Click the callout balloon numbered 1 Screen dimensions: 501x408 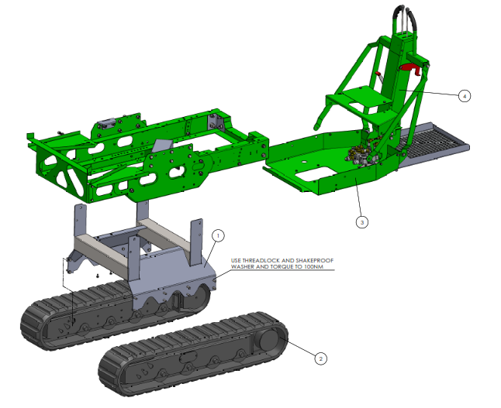(x=218, y=235)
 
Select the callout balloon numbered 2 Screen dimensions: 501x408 (x=321, y=358)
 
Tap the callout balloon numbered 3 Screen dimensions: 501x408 (x=361, y=222)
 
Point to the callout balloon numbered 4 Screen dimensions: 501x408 (x=465, y=96)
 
